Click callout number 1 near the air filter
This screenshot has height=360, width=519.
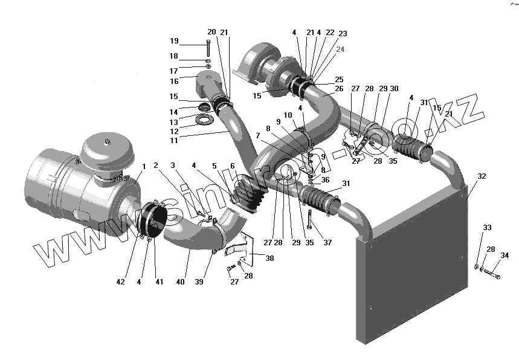pyautogui.click(x=144, y=166)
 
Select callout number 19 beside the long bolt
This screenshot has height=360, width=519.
pyautogui.click(x=174, y=41)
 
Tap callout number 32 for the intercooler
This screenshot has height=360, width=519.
pyautogui.click(x=482, y=176)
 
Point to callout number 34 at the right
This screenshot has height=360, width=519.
pyautogui.click(x=504, y=256)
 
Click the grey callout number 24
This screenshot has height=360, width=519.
pyautogui.click(x=340, y=50)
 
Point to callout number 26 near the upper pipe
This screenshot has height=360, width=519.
pyautogui.click(x=338, y=89)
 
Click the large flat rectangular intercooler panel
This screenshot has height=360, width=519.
pyautogui.click(x=417, y=266)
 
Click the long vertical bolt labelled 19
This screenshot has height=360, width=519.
pyautogui.click(x=208, y=47)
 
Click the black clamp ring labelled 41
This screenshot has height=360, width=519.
pyautogui.click(x=155, y=220)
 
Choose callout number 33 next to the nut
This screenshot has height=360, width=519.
pyautogui.click(x=487, y=227)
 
